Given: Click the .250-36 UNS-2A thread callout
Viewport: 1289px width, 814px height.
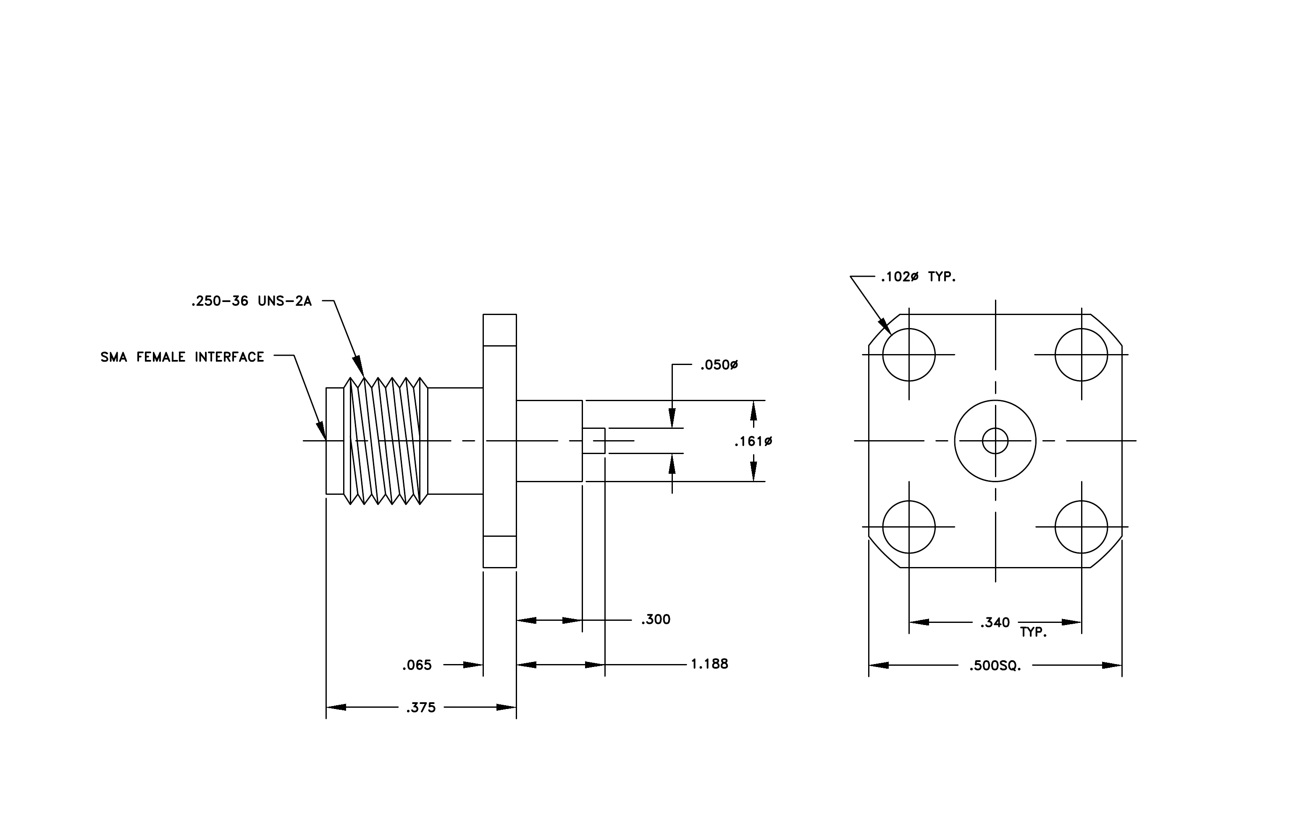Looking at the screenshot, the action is (x=251, y=301).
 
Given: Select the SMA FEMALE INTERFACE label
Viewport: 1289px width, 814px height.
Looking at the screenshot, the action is (x=183, y=357).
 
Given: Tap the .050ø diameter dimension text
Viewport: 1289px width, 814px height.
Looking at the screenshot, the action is (x=719, y=365).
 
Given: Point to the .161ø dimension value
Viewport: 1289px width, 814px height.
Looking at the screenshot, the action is (x=753, y=441).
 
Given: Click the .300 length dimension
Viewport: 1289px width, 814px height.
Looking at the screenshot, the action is (x=656, y=620).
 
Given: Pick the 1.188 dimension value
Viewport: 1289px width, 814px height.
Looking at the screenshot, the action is (x=709, y=664).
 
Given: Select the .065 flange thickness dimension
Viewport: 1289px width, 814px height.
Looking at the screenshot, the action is (x=417, y=665).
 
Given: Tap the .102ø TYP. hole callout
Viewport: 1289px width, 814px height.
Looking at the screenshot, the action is (x=919, y=277).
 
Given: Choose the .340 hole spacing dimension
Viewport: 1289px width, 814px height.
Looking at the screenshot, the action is (x=995, y=623).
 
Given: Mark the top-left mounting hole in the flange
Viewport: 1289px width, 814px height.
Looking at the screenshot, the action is (x=909, y=328).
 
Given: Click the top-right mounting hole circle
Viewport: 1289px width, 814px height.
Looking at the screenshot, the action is (x=1081, y=328).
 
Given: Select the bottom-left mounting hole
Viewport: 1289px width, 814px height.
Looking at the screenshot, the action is (x=909, y=501).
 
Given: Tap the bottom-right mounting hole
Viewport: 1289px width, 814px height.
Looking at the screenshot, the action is (x=1081, y=501).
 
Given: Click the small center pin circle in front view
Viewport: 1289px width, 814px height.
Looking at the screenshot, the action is (x=995, y=428).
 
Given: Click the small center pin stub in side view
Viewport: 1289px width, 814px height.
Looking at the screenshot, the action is (x=593, y=441).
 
